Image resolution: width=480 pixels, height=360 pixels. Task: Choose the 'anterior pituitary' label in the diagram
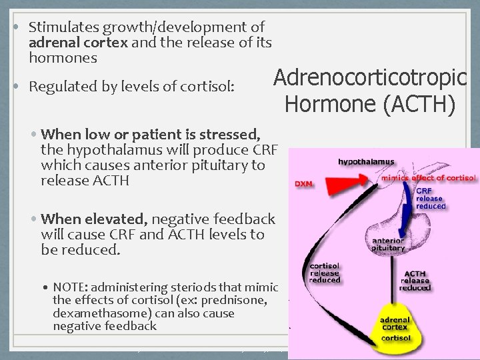pyautogui.click(x=383, y=244)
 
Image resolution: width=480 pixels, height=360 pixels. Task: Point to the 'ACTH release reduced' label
pyautogui.click(x=416, y=280)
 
